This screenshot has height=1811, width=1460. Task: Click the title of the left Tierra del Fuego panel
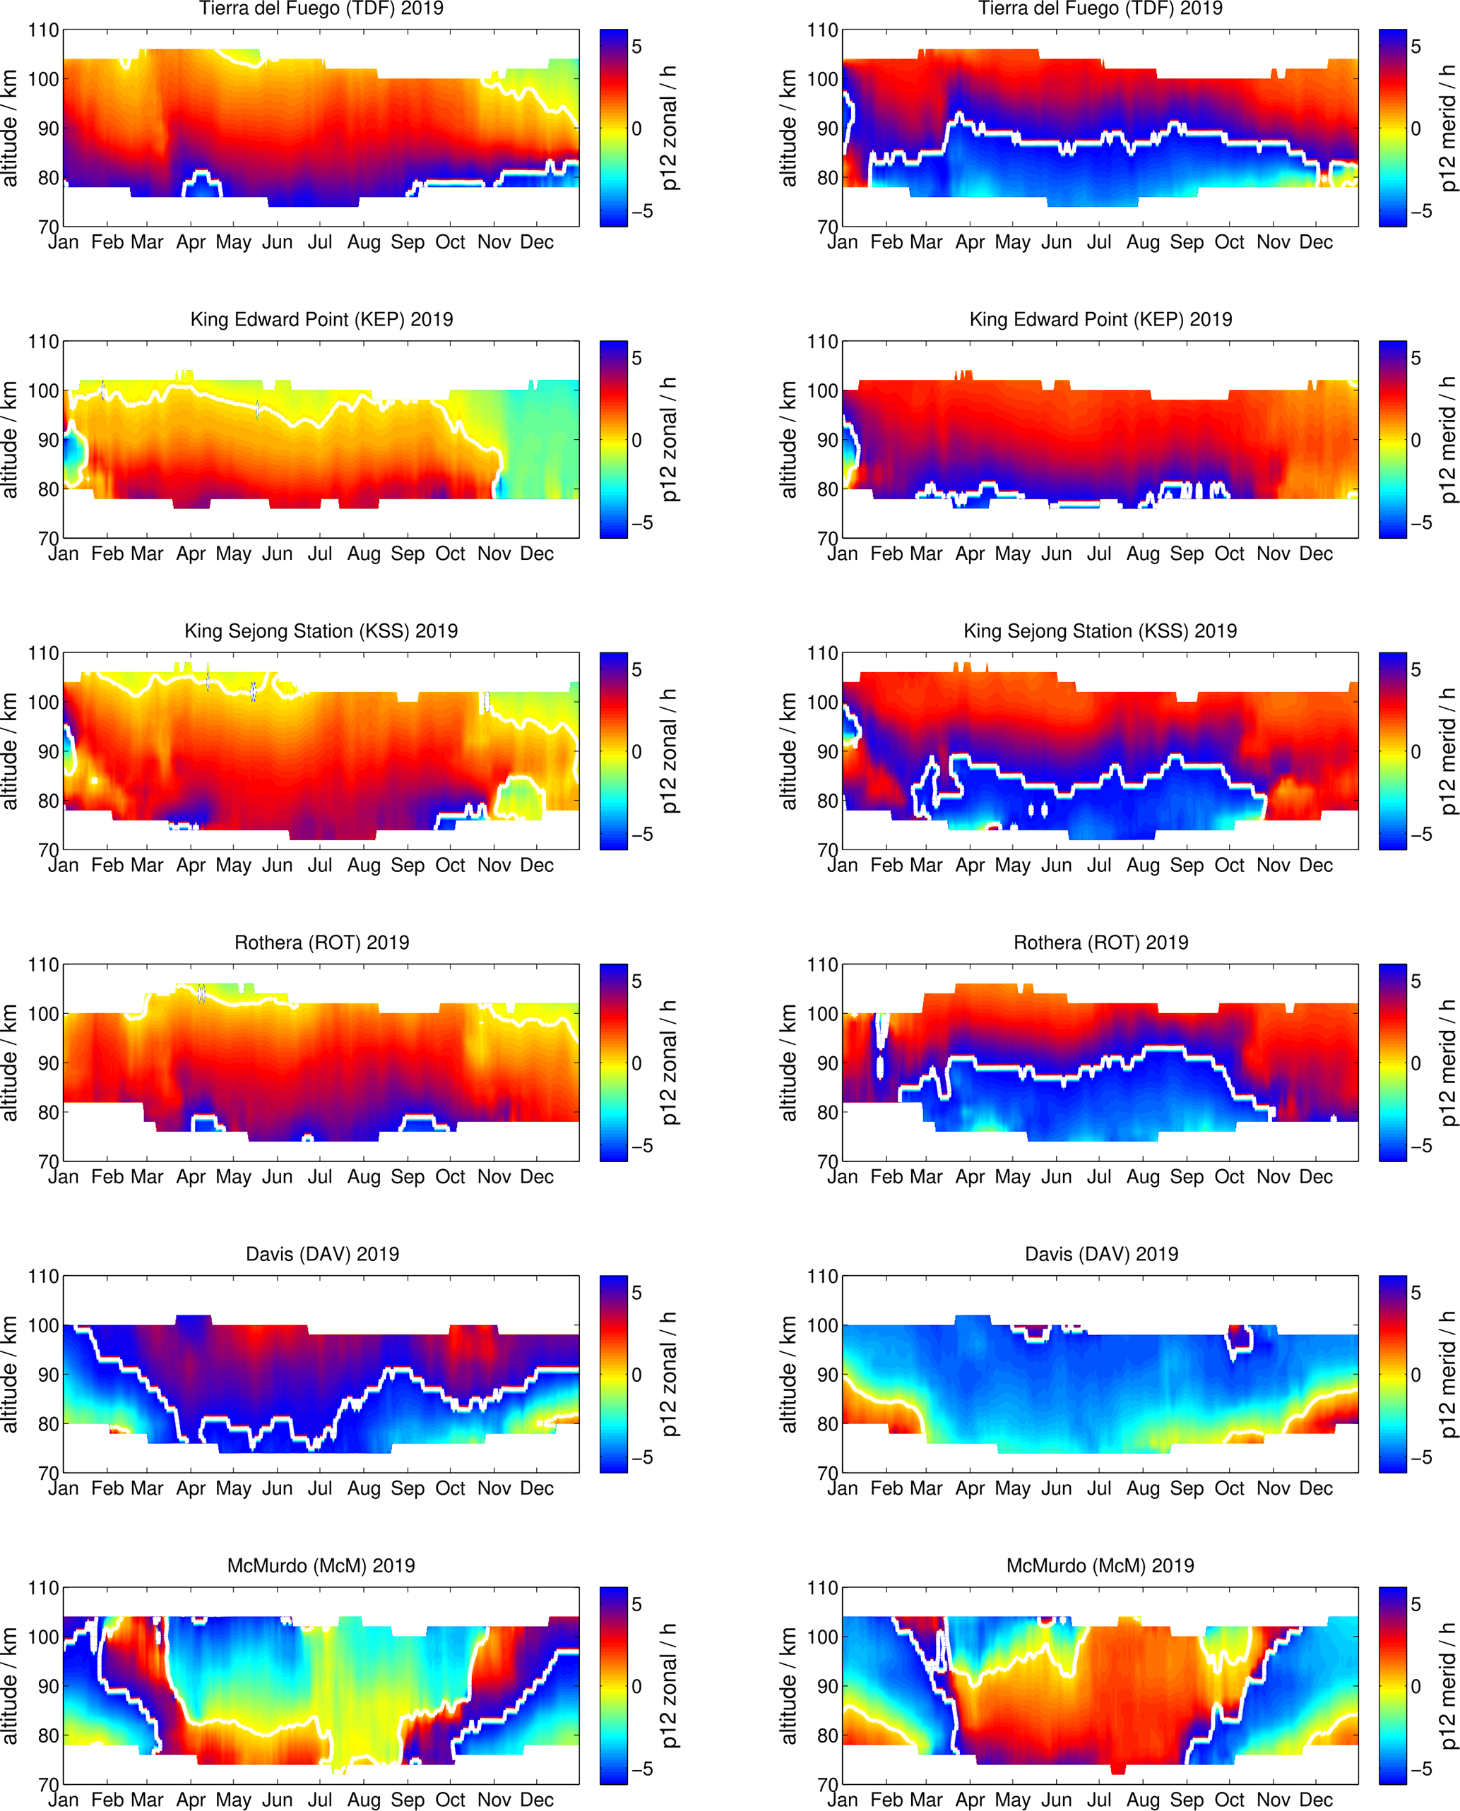click(x=321, y=8)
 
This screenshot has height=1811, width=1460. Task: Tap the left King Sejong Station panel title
click(x=321, y=631)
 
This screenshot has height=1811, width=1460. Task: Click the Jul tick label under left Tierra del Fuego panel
click(x=319, y=243)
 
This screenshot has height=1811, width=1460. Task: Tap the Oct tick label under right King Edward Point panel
click(x=1229, y=554)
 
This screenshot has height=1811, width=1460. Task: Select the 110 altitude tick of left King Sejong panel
click(x=44, y=653)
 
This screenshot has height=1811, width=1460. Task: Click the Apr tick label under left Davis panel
click(x=191, y=1488)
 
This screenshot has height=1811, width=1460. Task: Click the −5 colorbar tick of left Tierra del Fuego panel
click(x=641, y=212)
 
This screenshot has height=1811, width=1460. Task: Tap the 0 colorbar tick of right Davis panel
click(x=1416, y=1375)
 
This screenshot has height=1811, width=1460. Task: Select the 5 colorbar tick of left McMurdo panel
click(x=636, y=1604)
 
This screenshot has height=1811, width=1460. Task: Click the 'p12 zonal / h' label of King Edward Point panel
click(x=669, y=439)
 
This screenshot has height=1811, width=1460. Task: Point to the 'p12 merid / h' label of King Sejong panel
click(x=1447, y=751)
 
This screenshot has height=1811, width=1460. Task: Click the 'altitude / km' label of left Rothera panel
click(x=9, y=1063)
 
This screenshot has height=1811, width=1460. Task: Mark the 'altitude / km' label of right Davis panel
click(x=788, y=1374)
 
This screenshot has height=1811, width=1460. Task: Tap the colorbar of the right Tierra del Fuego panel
click(x=1392, y=128)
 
